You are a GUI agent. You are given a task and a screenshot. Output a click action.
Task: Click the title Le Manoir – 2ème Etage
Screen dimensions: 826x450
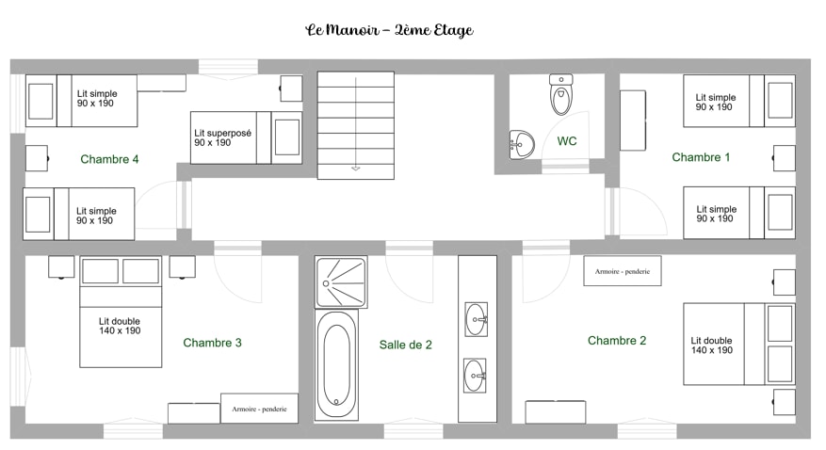click(389, 30)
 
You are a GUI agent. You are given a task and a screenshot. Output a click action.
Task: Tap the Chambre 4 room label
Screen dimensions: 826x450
click(109, 159)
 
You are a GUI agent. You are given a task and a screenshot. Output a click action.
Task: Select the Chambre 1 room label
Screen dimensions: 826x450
click(701, 157)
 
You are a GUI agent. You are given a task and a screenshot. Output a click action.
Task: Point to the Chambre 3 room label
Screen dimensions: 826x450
click(212, 343)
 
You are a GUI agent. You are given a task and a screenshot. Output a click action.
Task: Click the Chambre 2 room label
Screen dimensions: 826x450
click(617, 341)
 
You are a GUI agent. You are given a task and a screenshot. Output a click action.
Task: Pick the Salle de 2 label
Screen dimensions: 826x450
click(406, 345)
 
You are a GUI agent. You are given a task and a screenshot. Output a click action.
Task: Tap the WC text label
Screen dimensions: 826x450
click(567, 141)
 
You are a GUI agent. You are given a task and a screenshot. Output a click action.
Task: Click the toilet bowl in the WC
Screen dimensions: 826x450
click(561, 95)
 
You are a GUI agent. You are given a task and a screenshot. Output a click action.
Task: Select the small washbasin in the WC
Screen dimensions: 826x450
click(522, 144)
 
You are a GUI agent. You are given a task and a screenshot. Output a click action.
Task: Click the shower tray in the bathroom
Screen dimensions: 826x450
click(341, 282)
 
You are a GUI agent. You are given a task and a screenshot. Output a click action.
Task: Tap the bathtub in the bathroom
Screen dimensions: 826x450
click(336, 364)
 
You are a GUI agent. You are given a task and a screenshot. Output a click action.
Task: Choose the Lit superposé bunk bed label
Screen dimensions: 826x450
click(223, 137)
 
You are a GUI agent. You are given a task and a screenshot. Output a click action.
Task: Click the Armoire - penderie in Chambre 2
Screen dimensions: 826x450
click(623, 271)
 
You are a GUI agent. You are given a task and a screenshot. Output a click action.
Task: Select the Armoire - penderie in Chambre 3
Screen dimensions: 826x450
click(259, 409)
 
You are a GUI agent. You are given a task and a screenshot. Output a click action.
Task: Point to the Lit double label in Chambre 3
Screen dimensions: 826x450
click(120, 326)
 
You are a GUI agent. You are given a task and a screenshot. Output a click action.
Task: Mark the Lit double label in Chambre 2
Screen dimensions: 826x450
click(712, 346)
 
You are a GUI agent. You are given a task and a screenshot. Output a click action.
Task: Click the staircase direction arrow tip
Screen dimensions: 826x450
click(356, 170)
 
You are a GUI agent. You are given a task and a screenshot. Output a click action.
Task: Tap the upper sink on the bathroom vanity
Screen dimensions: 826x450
click(476, 319)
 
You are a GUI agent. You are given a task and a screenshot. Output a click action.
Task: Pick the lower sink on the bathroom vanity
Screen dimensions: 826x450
click(475, 376)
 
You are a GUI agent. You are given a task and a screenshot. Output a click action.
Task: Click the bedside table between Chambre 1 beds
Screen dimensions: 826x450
click(784, 158)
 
